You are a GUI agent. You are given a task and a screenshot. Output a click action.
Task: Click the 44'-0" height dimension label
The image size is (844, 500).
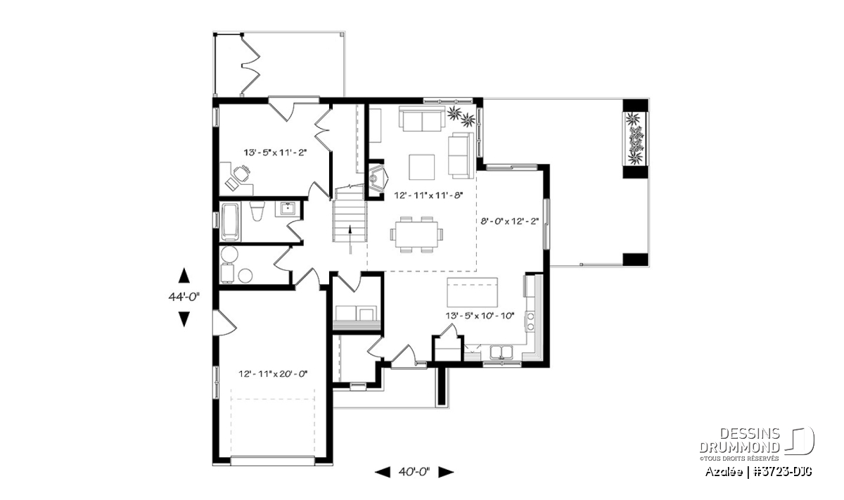tap(184, 297)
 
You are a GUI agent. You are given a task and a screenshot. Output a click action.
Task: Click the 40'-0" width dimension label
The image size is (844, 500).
tap(414, 472)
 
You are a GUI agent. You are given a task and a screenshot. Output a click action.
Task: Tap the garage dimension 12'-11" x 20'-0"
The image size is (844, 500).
tap(273, 374)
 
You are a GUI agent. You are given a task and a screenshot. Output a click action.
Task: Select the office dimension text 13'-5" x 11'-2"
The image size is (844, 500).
tap(276, 152)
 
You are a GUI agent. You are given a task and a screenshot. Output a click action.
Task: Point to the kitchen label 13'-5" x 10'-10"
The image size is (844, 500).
tap(480, 315)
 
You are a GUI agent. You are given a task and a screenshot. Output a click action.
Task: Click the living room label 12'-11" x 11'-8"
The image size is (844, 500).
tap(428, 195)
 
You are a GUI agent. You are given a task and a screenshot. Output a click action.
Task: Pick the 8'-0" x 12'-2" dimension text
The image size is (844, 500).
tap(510, 222)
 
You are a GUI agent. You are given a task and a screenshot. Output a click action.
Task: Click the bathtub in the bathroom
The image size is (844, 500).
tap(230, 222)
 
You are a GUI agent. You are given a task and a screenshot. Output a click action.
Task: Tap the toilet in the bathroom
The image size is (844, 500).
tap(257, 211)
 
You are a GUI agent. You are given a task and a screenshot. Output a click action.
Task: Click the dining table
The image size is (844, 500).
tap(416, 234)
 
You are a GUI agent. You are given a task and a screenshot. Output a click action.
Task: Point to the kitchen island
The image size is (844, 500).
tap(472, 293)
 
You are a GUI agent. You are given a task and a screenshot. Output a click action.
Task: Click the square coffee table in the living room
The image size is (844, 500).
tap(421, 167)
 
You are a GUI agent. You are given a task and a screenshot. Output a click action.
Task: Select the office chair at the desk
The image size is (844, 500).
tap(241, 174)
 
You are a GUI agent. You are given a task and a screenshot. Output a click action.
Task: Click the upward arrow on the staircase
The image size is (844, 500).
tap(350, 239)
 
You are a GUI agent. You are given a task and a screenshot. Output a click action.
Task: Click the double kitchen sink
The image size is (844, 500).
tap(501, 352)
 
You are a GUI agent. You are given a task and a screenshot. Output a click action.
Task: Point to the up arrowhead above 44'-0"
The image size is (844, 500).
tap(184, 275)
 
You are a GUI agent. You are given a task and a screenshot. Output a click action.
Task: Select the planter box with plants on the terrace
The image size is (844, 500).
tap(636, 139)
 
